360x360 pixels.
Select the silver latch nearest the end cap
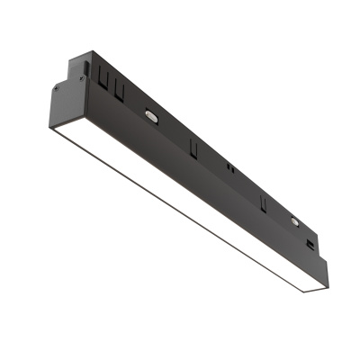(x=150, y=115)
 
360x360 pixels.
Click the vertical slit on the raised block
(x=86, y=67)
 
